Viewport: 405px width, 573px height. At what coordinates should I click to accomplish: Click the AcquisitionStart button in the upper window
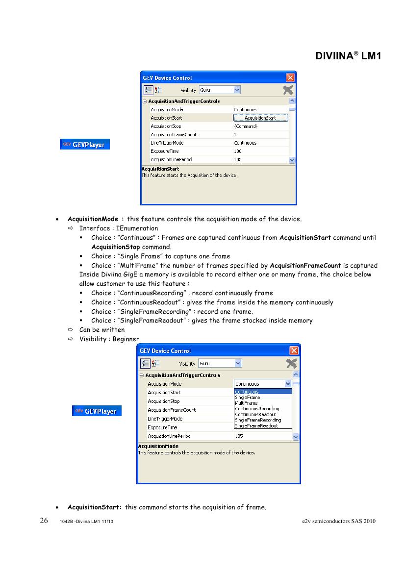pyautogui.click(x=260, y=118)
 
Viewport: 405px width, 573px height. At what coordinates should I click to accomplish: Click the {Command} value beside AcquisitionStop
pyautogui.click(x=245, y=126)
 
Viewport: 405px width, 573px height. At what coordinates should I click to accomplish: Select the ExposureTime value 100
pyautogui.click(x=238, y=151)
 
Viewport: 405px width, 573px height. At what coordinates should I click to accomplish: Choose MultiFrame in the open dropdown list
pyautogui.click(x=246, y=403)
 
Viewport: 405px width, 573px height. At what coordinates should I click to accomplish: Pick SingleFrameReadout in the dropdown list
pyautogui.click(x=256, y=426)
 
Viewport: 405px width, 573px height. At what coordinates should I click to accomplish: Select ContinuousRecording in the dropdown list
pyautogui.click(x=257, y=409)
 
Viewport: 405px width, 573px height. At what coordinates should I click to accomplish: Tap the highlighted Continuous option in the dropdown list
pyautogui.click(x=247, y=392)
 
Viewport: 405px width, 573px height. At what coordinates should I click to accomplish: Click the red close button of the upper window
pyautogui.click(x=290, y=78)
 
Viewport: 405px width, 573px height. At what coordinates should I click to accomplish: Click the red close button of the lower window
pyautogui.click(x=294, y=350)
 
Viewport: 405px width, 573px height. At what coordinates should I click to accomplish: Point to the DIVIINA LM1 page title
pyautogui.click(x=348, y=56)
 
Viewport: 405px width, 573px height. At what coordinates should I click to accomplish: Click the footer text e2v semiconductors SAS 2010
pyautogui.click(x=339, y=521)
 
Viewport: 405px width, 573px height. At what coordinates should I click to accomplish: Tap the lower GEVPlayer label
pyautogui.click(x=97, y=411)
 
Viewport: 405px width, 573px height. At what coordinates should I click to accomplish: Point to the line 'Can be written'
pyautogui.click(x=102, y=330)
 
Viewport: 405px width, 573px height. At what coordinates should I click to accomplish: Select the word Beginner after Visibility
pyautogui.click(x=126, y=339)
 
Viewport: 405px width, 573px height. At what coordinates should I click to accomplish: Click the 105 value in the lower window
pyautogui.click(x=239, y=436)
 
